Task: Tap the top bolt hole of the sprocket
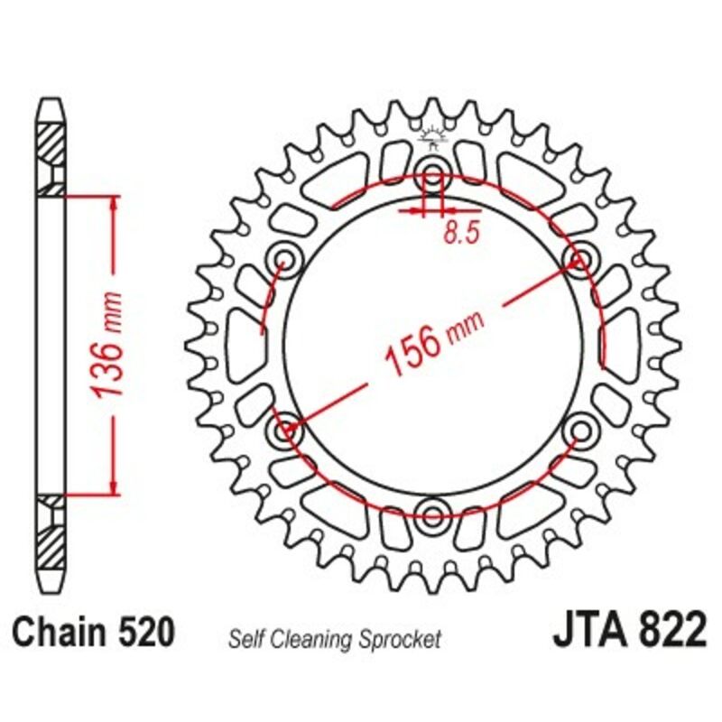(432, 174)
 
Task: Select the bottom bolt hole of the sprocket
(432, 516)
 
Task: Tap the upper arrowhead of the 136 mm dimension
(114, 202)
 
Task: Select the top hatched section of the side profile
(51, 144)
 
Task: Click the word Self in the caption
(245, 640)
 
